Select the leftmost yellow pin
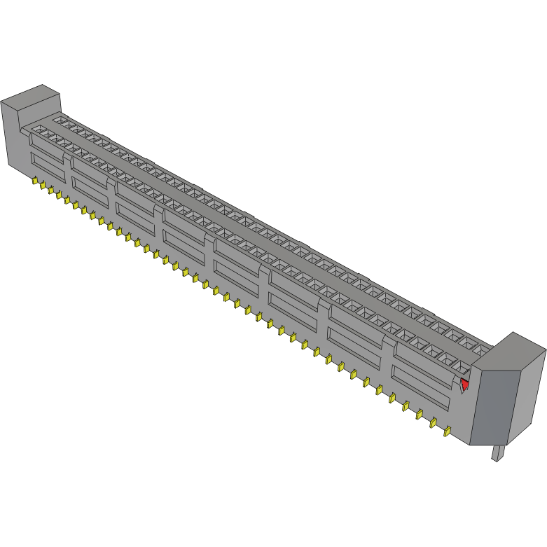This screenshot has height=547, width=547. [x=34, y=181]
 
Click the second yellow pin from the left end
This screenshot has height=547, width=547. [x=43, y=186]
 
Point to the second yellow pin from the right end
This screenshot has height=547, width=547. [x=433, y=422]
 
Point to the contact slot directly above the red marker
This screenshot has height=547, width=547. [x=460, y=366]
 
